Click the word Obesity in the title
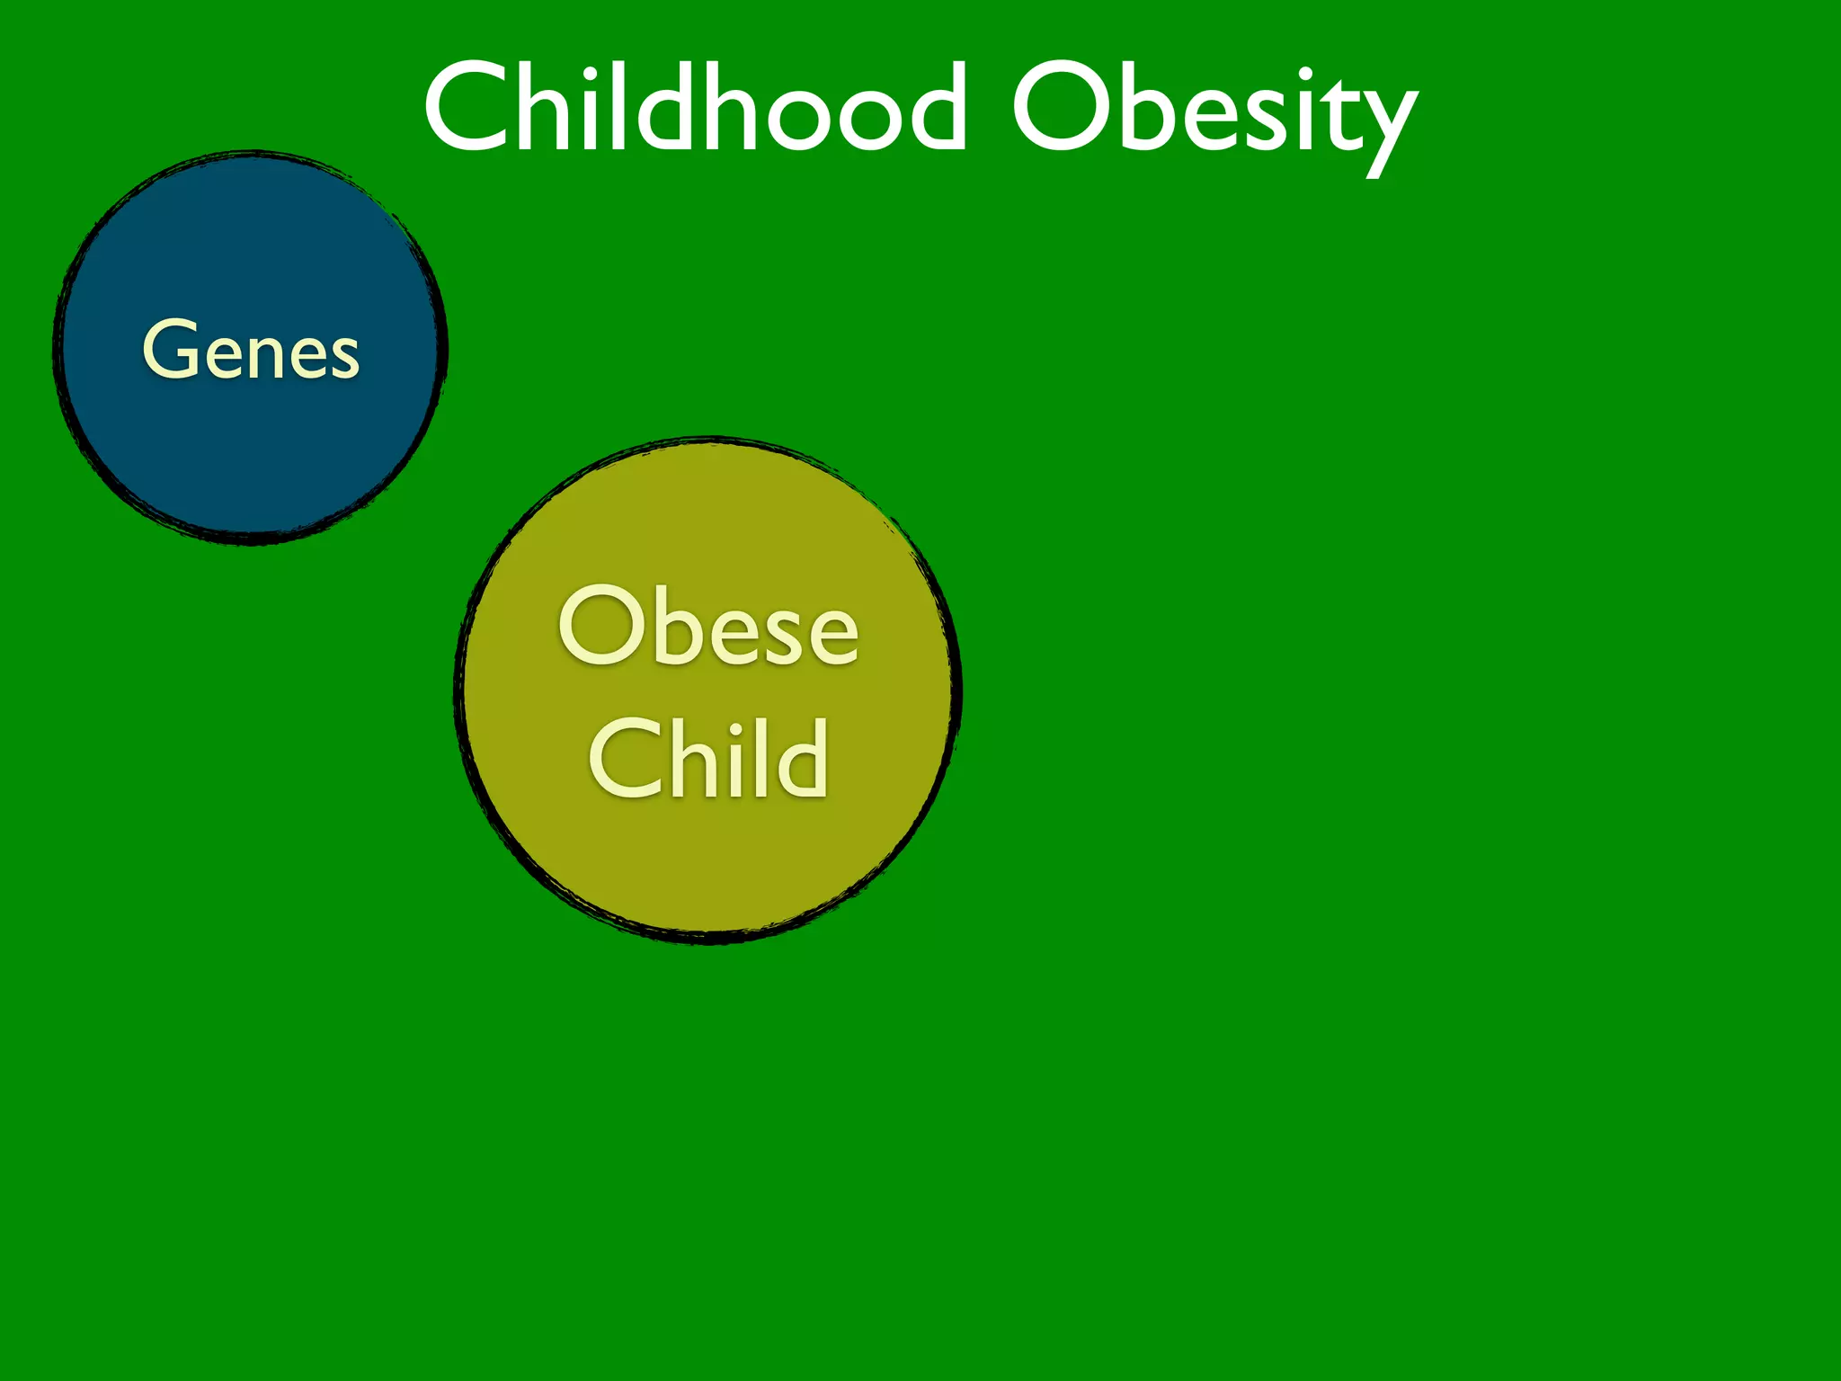pos(1214,112)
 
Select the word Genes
pos(251,351)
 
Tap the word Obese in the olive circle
pos(708,627)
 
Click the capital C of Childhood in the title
pos(468,108)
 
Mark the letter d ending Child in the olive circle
pos(800,758)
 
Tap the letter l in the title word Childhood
pos(619,106)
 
